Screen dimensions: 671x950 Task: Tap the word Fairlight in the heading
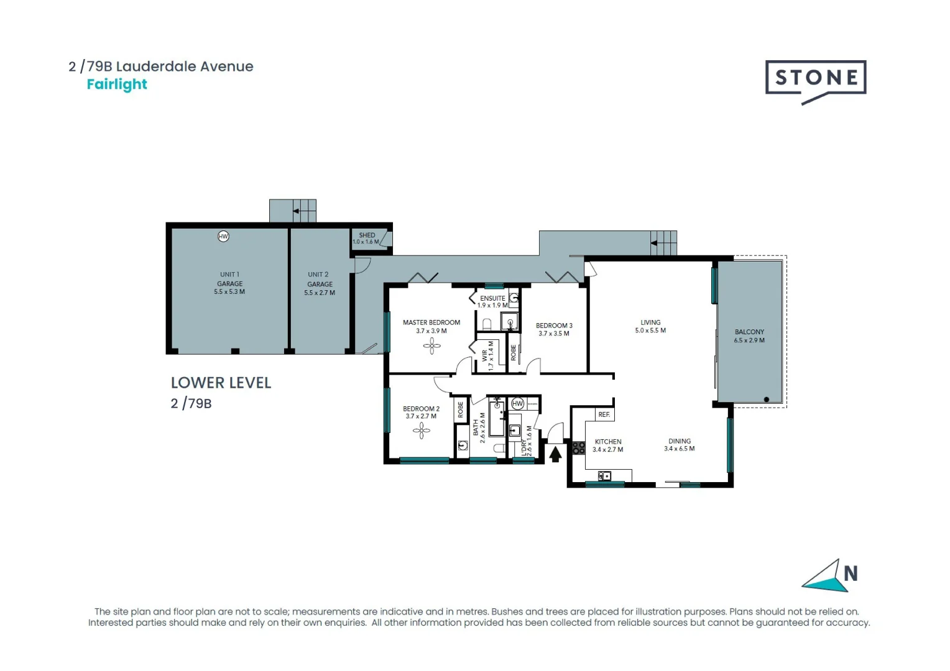[117, 84]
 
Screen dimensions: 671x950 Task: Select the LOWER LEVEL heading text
[221, 383]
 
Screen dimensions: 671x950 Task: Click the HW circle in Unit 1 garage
[223, 236]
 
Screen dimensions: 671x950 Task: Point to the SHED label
[367, 235]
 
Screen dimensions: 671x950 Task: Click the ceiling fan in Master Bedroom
[431, 345]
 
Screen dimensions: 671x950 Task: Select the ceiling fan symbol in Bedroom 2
[421, 430]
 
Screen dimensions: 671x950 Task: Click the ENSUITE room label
[492, 298]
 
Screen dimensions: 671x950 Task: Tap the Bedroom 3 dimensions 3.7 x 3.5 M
[553, 334]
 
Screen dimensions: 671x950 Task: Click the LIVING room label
[650, 322]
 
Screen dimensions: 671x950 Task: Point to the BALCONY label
[749, 332]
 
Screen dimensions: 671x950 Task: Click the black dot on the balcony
[767, 399]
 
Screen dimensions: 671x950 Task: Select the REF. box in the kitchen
[604, 414]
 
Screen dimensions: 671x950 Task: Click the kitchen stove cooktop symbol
[578, 447]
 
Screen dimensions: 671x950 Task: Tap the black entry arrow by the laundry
[555, 455]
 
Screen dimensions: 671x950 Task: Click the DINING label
[680, 441]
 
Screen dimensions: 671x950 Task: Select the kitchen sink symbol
[604, 476]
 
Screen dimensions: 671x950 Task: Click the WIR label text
[484, 356]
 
